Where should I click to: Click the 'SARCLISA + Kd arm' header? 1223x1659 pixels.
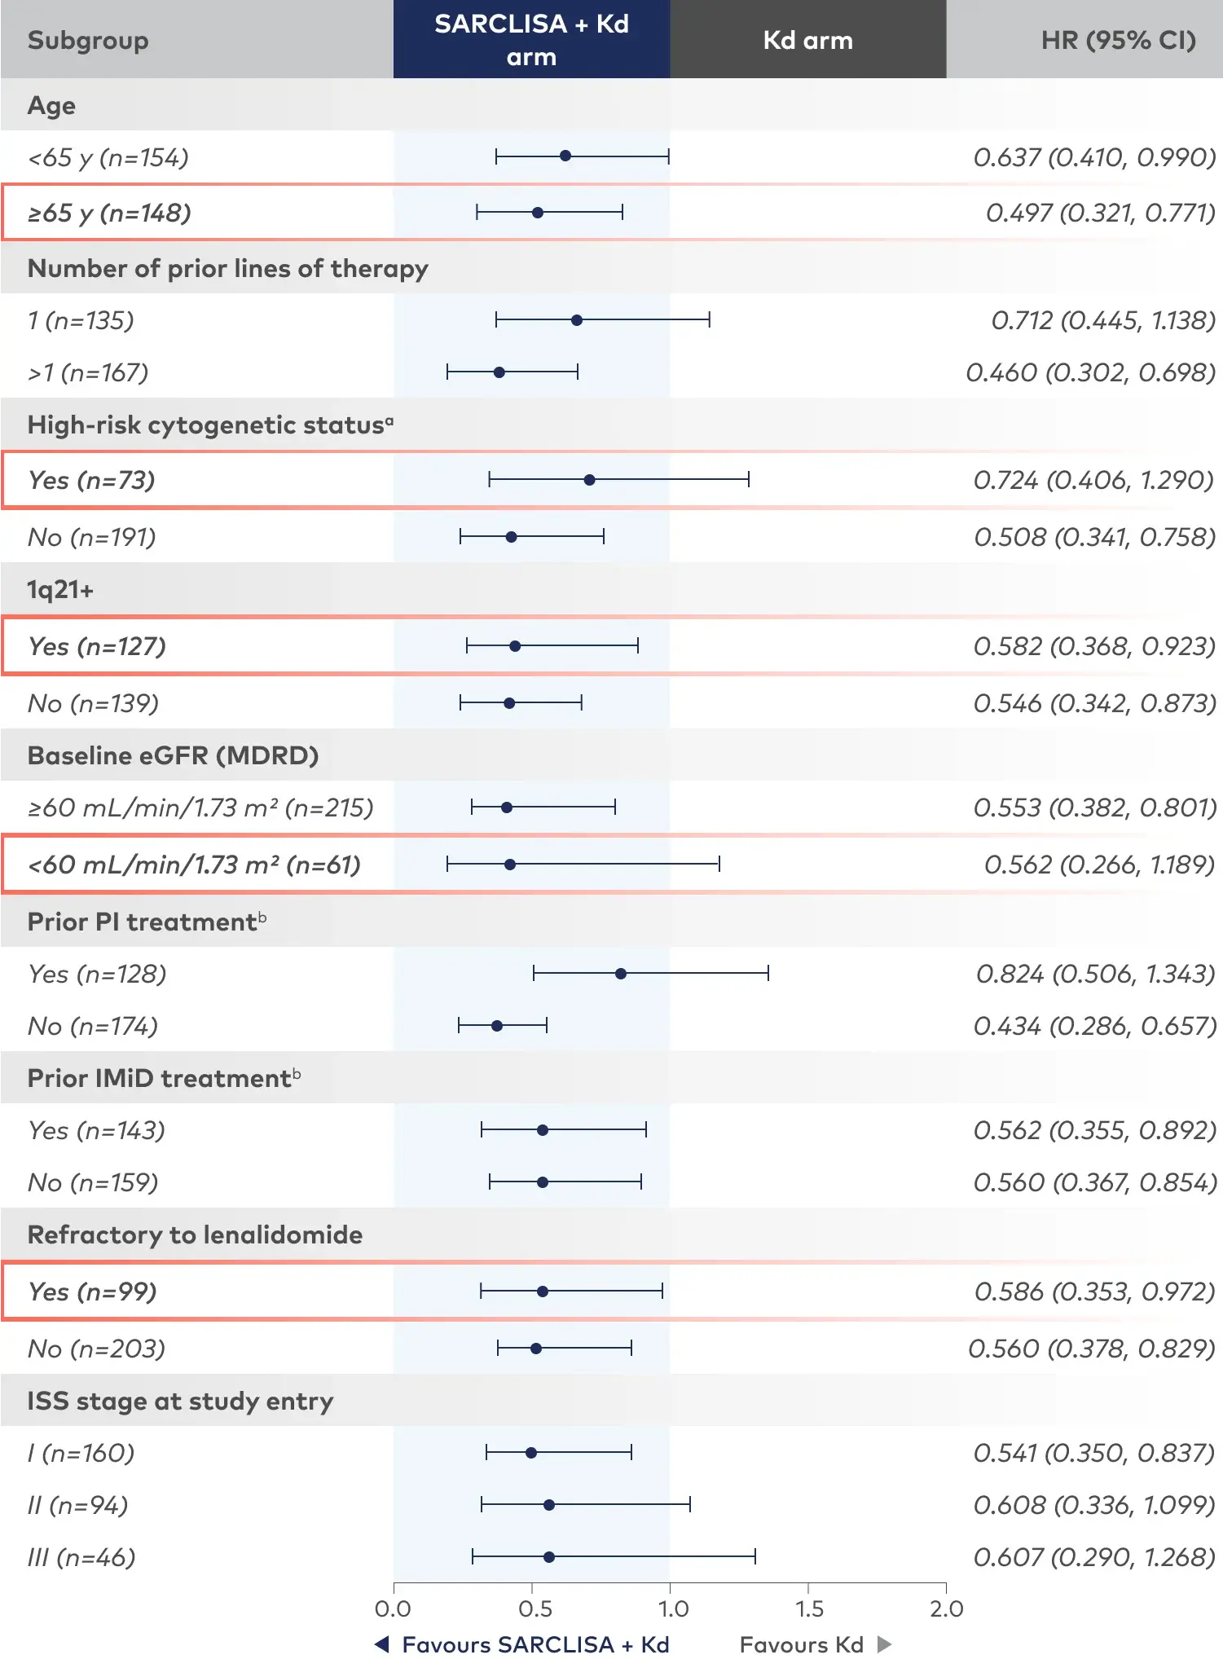531,40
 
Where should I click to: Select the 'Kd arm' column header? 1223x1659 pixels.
807,40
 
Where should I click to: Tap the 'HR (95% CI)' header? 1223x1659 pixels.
1118,40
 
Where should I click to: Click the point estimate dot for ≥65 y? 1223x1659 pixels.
538,213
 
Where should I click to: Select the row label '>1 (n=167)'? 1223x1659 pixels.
88,372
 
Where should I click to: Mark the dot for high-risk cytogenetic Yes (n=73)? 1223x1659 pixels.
589,480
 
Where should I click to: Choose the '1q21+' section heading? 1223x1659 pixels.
60,589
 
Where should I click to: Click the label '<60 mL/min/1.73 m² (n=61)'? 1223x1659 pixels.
194,865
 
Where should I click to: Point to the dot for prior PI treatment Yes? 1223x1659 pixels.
621,974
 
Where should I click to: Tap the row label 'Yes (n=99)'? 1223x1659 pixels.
92,1292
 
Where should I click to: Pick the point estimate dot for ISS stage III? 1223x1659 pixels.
549,1557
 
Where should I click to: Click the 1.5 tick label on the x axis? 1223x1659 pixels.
809,1609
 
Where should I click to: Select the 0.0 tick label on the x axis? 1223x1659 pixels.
393,1609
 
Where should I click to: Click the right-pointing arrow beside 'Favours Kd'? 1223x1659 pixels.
884,1644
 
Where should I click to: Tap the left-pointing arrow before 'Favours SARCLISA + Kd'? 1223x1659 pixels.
382,1644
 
